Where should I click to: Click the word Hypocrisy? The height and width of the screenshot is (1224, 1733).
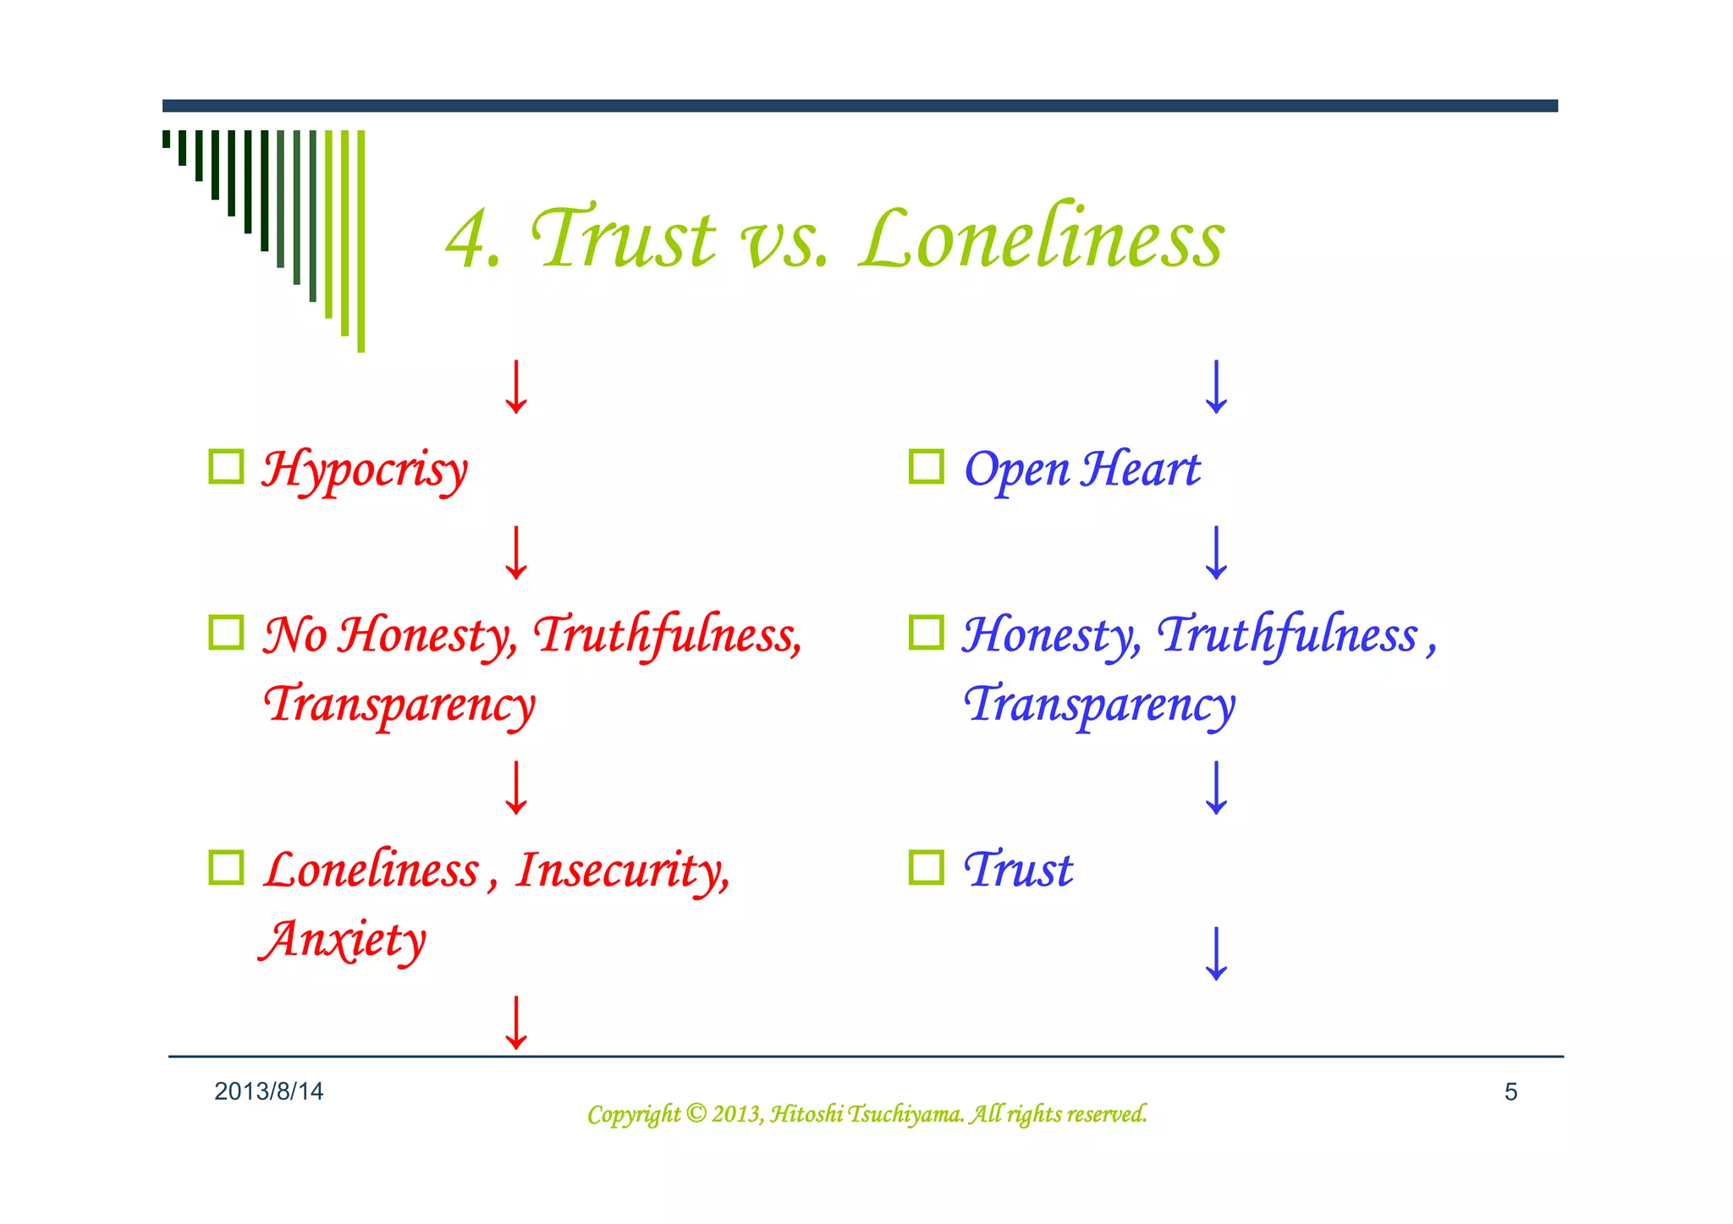[x=364, y=469]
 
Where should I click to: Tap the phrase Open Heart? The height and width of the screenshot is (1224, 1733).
[x=1081, y=469]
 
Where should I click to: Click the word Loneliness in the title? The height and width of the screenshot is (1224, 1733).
[x=1041, y=239]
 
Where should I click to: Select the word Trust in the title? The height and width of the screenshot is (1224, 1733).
[x=624, y=239]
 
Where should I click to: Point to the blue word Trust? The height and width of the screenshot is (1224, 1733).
[x=1019, y=870]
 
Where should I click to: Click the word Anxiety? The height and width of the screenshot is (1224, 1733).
[x=343, y=940]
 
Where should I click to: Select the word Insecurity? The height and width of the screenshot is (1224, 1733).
[x=622, y=871]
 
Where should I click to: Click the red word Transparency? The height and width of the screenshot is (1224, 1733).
[x=399, y=705]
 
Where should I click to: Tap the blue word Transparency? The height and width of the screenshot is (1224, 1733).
[x=1099, y=705]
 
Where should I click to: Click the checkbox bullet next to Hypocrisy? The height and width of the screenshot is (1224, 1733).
[x=226, y=466]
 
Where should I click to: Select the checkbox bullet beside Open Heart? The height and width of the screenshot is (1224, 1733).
[x=926, y=466]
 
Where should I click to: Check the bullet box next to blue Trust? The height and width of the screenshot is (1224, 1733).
[x=926, y=867]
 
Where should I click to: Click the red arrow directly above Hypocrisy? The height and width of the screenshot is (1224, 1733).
[x=516, y=387]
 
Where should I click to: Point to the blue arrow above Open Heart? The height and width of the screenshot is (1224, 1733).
[x=1216, y=387]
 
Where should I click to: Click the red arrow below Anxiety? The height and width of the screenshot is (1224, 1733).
[x=516, y=1023]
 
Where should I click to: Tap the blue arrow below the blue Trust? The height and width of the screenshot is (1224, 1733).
[x=1216, y=953]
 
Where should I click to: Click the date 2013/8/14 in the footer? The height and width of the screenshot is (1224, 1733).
[x=268, y=1092]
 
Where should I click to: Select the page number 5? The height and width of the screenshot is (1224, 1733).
[x=1510, y=1092]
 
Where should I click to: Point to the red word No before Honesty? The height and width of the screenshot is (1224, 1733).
[x=294, y=634]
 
